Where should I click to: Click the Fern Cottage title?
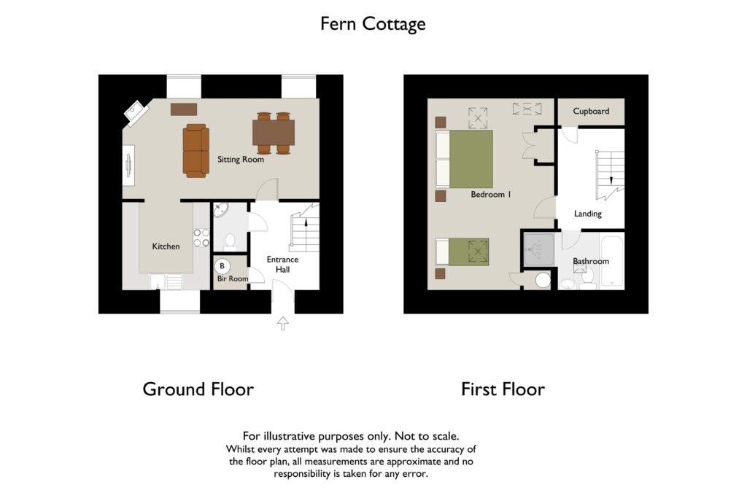(373, 24)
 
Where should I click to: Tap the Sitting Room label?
(241, 160)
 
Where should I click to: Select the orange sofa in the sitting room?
(196, 151)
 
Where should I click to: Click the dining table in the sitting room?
(274, 133)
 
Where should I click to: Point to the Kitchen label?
(166, 246)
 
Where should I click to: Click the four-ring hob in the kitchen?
(201, 238)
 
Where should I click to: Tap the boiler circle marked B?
(222, 266)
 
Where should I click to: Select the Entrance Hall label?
(282, 264)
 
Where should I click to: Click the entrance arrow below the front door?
(283, 323)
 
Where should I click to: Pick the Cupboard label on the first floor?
(591, 111)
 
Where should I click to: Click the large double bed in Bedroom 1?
(464, 159)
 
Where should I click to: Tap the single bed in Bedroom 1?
(462, 252)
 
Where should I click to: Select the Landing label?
(587, 214)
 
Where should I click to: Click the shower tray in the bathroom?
(539, 249)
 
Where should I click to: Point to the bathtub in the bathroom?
(612, 261)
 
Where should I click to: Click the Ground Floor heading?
(198, 389)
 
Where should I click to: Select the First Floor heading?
(503, 389)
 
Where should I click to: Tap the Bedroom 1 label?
(491, 194)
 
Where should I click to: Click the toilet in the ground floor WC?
(230, 242)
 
